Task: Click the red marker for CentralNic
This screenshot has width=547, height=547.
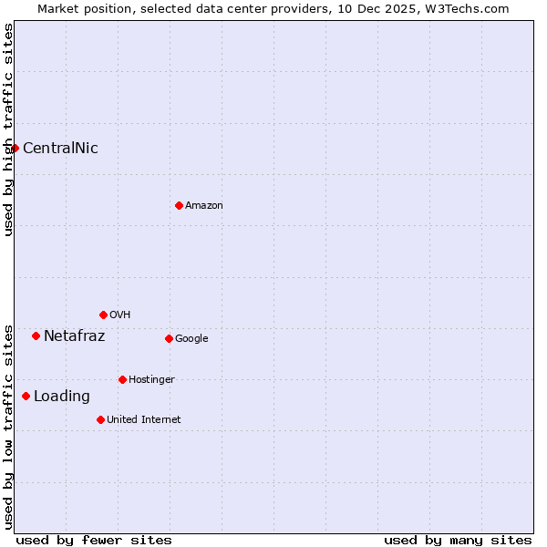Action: [x=15, y=148]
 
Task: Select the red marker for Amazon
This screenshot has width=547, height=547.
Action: [x=179, y=205]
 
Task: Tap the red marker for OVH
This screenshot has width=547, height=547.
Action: [x=103, y=315]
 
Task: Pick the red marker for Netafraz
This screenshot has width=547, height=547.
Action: [x=36, y=335]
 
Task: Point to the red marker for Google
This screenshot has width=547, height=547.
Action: [x=169, y=338]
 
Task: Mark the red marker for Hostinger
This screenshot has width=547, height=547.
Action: [x=122, y=379]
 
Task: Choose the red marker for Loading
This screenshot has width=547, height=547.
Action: [x=26, y=396]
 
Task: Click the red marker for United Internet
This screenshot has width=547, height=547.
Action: [x=100, y=419]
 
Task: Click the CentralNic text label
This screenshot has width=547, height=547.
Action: [x=60, y=149]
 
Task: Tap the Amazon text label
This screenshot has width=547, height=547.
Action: [x=204, y=206]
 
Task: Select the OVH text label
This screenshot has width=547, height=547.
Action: [x=119, y=315]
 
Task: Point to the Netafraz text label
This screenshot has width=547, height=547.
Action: [x=74, y=336]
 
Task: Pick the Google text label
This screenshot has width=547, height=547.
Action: [x=191, y=339]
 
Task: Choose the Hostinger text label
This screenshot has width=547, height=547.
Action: [x=151, y=380]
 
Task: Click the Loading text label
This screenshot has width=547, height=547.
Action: [x=62, y=397]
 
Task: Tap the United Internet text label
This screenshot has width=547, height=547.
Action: [x=144, y=420]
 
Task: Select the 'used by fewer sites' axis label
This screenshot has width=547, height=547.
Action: [x=94, y=540]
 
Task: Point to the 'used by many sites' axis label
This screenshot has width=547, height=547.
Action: [x=458, y=540]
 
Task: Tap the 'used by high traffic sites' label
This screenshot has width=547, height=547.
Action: [x=8, y=129]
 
